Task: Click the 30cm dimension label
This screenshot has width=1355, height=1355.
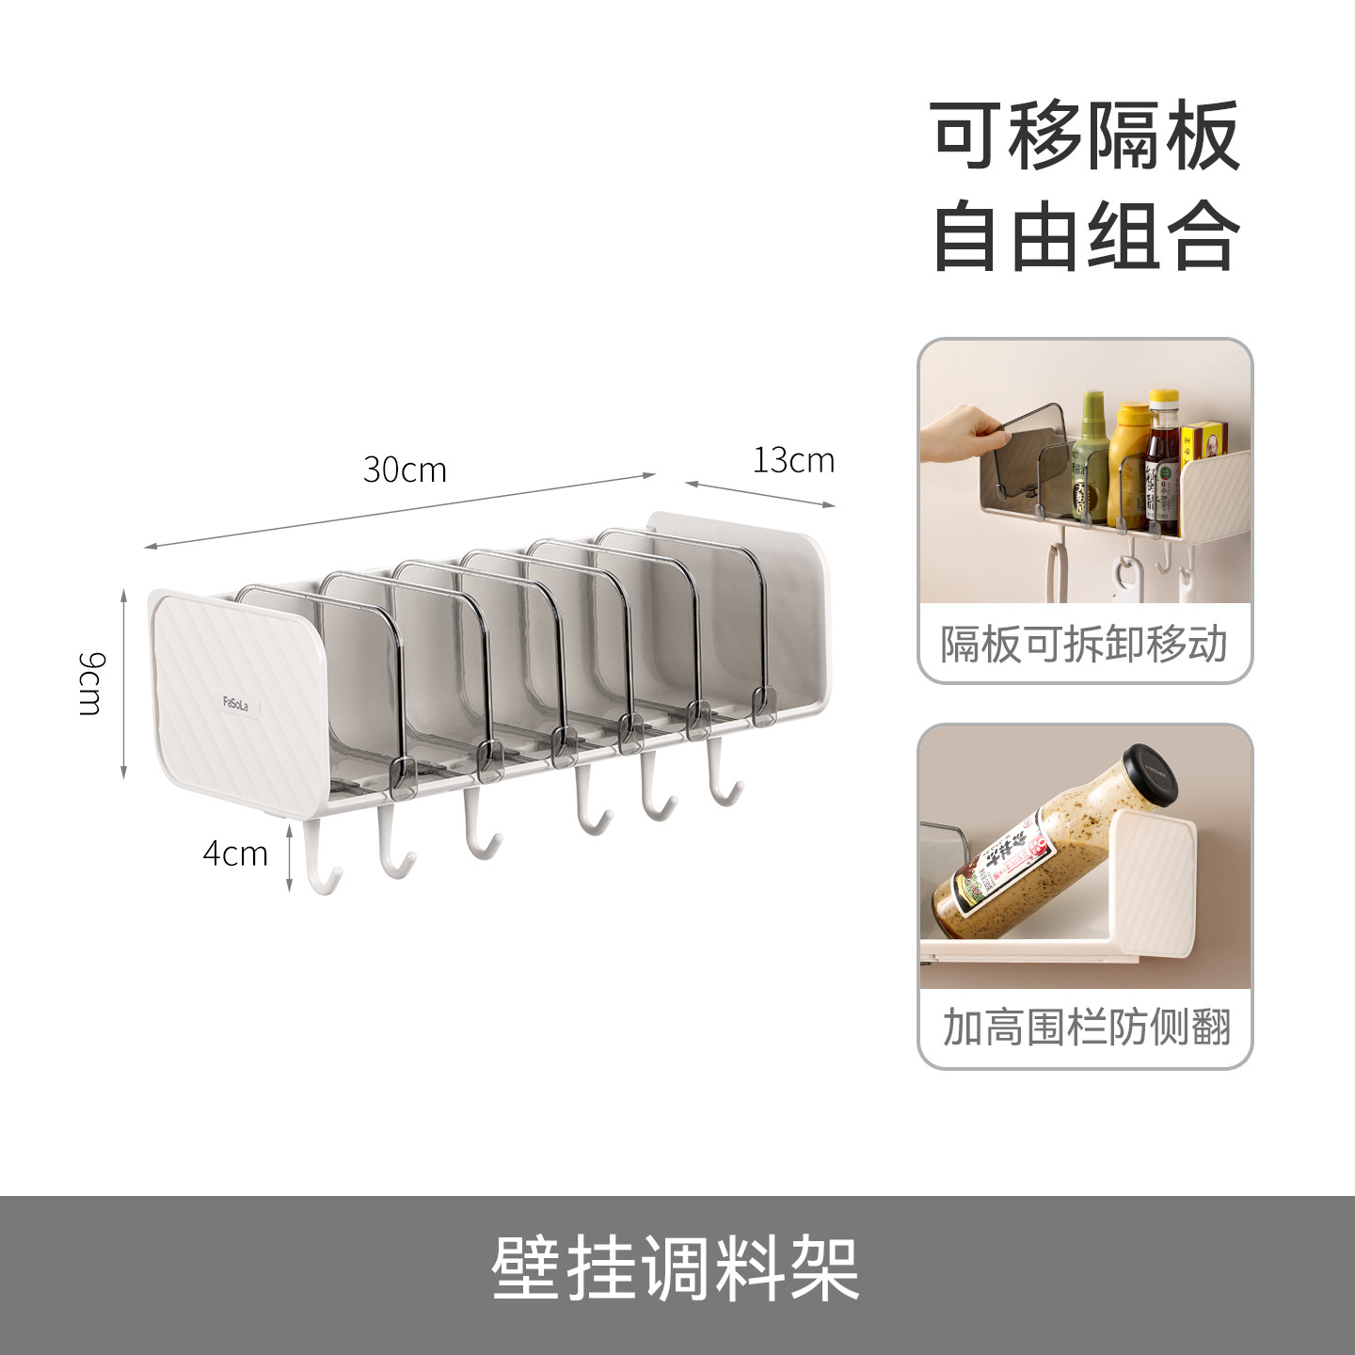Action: click(x=405, y=470)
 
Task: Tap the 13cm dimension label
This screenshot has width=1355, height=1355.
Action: click(x=793, y=460)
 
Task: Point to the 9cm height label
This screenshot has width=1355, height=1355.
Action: click(x=92, y=683)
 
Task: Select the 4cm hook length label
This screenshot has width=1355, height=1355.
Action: click(x=235, y=853)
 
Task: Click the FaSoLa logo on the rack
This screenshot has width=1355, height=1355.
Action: click(x=236, y=703)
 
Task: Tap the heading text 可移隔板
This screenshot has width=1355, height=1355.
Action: click(x=1085, y=136)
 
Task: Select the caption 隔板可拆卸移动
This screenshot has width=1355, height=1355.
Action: click(x=1085, y=646)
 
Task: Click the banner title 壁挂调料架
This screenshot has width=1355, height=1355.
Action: click(x=676, y=1268)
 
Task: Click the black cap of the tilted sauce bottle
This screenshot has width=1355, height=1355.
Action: click(x=1151, y=773)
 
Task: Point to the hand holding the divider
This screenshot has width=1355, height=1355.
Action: click(x=960, y=433)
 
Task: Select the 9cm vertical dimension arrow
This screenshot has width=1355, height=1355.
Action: click(x=124, y=684)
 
